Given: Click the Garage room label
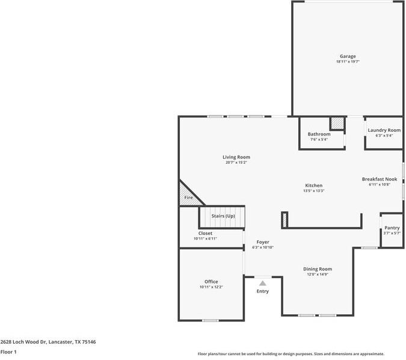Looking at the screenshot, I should (348, 57).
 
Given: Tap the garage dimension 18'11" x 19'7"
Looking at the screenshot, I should (348, 62).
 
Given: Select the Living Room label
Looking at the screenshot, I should (236, 157).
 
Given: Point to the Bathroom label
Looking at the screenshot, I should (319, 134).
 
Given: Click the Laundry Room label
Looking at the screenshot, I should (384, 130).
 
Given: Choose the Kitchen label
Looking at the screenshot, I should (313, 185).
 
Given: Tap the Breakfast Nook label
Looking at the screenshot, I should (379, 179).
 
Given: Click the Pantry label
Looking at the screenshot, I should (392, 228).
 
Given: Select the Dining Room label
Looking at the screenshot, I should (316, 269).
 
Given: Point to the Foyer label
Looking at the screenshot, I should (263, 241).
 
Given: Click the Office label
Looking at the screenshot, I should (211, 282).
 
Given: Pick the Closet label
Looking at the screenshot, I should (205, 233).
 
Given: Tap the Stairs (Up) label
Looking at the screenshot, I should (223, 216).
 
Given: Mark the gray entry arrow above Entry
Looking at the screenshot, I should (262, 283).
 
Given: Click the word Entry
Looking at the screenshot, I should (263, 291).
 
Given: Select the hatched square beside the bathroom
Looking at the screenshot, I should (337, 123).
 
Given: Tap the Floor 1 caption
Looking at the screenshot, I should (8, 352).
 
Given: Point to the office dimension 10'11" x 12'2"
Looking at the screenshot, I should (211, 287).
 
